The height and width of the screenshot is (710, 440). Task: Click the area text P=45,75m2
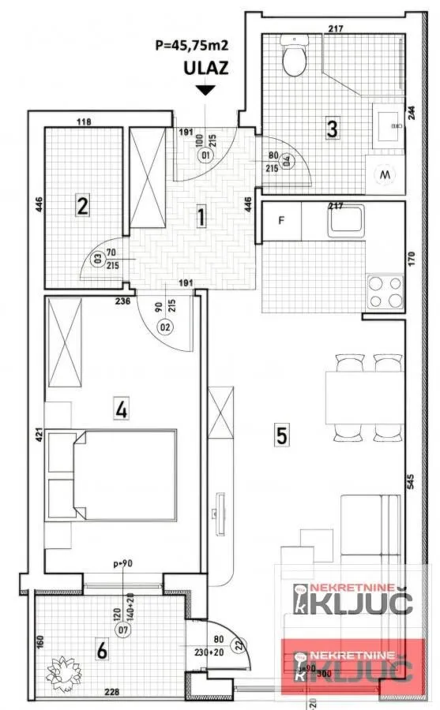(192, 45)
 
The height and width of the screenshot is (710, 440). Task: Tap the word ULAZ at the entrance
(206, 68)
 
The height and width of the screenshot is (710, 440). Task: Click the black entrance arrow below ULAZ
(205, 90)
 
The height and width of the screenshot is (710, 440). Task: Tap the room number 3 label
(333, 127)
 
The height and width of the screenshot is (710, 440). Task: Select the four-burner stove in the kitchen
(385, 291)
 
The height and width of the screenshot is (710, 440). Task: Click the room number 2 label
(81, 207)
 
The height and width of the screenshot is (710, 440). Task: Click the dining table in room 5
(364, 398)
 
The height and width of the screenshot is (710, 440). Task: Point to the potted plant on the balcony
(62, 671)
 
